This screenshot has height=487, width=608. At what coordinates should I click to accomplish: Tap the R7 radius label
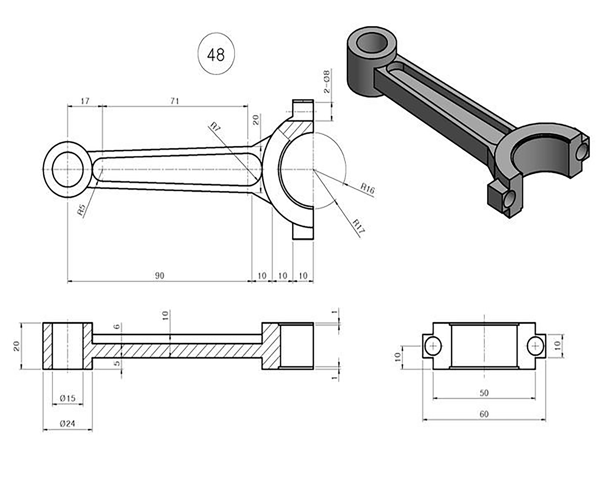(215, 128)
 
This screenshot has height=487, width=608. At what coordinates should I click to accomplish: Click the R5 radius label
(81, 210)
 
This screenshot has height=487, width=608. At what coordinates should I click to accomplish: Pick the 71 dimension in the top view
(175, 101)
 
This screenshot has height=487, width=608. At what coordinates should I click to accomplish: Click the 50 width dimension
(484, 393)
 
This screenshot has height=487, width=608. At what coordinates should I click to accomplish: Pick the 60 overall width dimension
(484, 414)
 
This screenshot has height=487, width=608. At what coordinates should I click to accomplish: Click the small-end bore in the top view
(68, 169)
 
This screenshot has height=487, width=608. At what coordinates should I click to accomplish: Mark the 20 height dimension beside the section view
(16, 346)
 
